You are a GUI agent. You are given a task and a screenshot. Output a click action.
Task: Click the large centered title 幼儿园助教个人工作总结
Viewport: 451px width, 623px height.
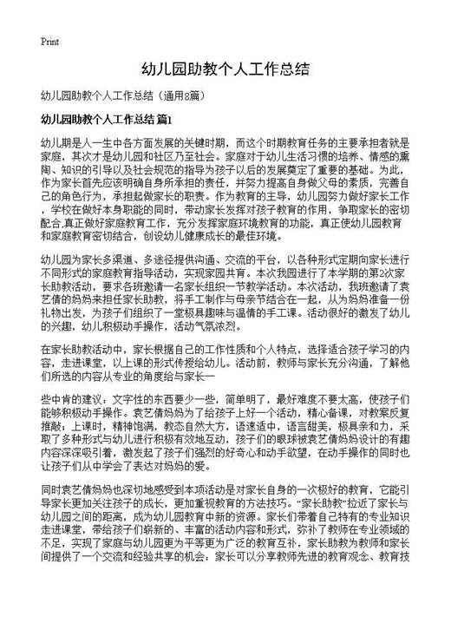coord(225,68)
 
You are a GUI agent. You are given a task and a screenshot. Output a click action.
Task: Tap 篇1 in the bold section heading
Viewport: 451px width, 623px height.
coord(166,118)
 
